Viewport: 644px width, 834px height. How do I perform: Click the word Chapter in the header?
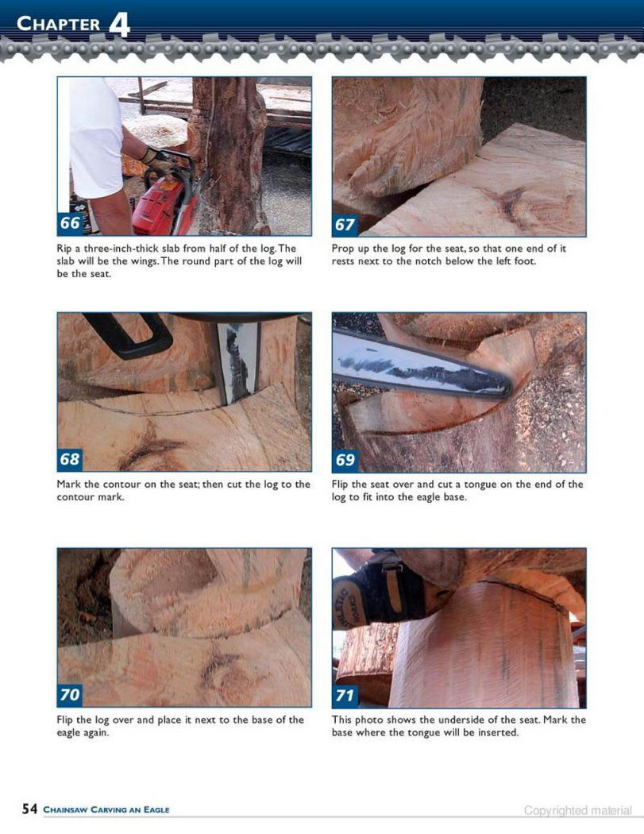click(59, 24)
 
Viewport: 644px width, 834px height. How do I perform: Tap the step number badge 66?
click(70, 223)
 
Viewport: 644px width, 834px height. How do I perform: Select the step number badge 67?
click(345, 225)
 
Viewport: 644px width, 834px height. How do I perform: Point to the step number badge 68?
click(70, 458)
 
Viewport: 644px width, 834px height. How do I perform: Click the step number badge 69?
click(345, 460)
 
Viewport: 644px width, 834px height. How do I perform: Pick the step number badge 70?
click(70, 695)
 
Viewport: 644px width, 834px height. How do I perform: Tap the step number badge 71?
click(345, 695)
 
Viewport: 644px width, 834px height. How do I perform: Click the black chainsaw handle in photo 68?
click(128, 334)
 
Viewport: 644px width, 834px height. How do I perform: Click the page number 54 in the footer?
click(30, 809)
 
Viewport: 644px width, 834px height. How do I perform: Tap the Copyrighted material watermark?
click(578, 811)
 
